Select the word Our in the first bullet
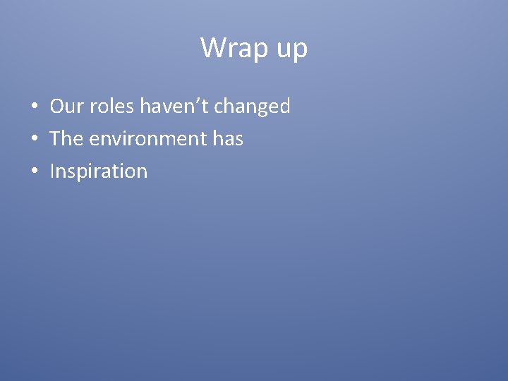pyautogui.click(x=67, y=107)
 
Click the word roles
pyautogui.click(x=112, y=107)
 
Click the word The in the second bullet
pyautogui.click(x=67, y=139)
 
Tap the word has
pyautogui.click(x=228, y=139)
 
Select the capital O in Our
pyautogui.click(x=57, y=107)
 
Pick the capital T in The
pyautogui.click(x=56, y=139)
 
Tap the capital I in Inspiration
pyautogui.click(x=52, y=171)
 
